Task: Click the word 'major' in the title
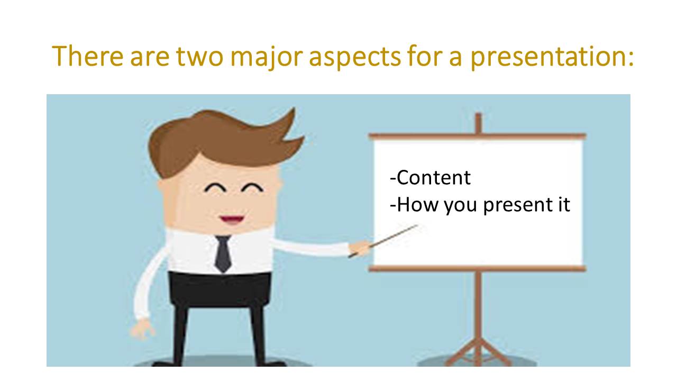[266, 57]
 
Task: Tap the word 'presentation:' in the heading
[552, 57]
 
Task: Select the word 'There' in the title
[88, 56]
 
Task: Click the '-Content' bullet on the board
[431, 178]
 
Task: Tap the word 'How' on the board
[414, 205]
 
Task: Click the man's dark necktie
[223, 253]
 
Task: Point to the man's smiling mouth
[232, 220]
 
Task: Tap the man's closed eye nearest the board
[253, 187]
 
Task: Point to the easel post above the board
[478, 123]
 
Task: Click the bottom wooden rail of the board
[478, 268]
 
